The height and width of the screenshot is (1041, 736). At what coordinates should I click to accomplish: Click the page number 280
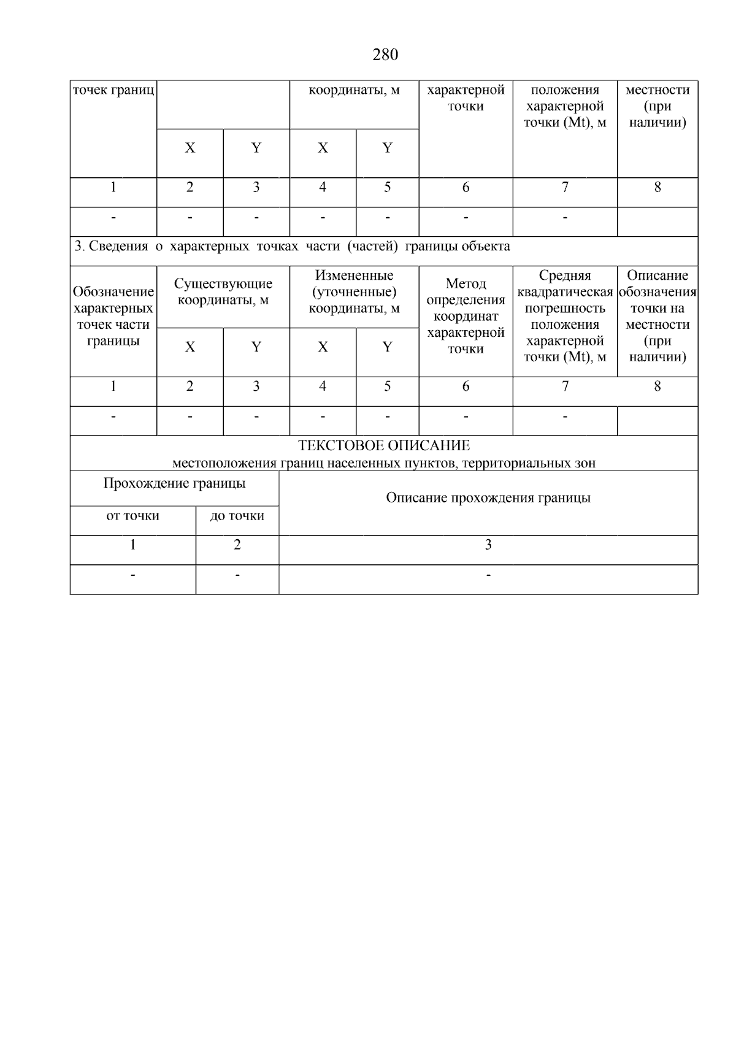coord(385,55)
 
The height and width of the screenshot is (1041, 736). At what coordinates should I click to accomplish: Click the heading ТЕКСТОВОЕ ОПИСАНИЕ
coord(384,446)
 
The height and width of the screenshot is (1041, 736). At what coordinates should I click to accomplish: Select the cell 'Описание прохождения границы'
coord(488,498)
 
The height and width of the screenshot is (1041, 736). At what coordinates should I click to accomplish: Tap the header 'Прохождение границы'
coord(174,483)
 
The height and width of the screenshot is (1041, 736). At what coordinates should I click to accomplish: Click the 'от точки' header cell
coord(132,516)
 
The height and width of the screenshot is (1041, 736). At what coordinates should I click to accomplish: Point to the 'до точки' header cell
coord(237,516)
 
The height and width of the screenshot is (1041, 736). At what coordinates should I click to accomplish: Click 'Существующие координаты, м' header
coord(223,292)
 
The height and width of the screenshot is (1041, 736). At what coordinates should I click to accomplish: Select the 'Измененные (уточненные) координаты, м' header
coord(354,292)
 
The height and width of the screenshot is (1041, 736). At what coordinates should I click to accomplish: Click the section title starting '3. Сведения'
coord(292,247)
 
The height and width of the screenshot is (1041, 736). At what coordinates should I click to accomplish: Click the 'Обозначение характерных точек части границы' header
coord(113,316)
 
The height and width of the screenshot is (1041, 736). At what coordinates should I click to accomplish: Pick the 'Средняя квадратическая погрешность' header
coord(565,316)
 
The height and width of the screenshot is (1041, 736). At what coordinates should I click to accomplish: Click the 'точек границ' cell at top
coord(113,90)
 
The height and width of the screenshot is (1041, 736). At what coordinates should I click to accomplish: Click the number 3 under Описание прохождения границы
coord(488,545)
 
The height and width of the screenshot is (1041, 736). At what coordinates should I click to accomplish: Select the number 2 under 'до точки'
coord(237,545)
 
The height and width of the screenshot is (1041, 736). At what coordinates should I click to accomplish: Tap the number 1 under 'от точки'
coord(132,545)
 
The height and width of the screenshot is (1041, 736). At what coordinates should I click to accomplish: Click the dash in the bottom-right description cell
coord(488,575)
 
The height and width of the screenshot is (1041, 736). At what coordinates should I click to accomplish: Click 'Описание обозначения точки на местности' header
coord(657,316)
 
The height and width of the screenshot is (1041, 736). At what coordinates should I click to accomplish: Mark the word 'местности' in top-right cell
coord(657,90)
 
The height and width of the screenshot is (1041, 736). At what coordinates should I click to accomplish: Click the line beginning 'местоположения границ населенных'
coord(384,463)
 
